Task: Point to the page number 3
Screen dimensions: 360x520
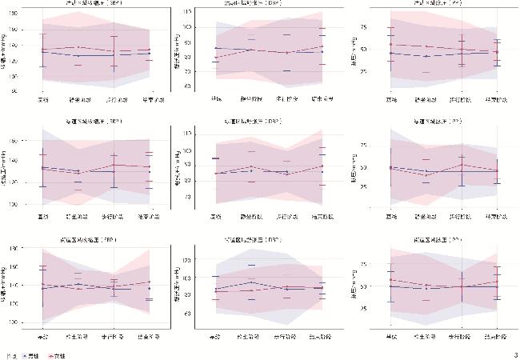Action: click(515, 354)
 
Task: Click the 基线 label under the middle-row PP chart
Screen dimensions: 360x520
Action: click(390, 217)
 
